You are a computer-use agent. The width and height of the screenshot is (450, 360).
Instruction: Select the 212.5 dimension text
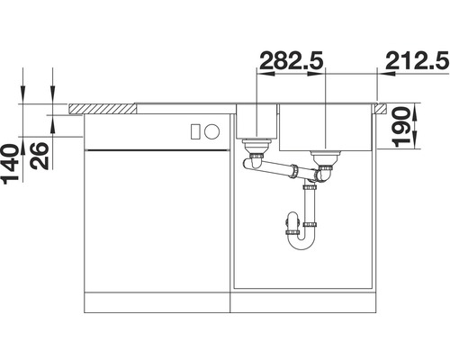coord(417,62)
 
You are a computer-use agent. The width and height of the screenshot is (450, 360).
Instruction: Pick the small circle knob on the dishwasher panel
coord(211,130)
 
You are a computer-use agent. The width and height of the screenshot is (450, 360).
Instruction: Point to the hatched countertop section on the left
coord(103,109)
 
